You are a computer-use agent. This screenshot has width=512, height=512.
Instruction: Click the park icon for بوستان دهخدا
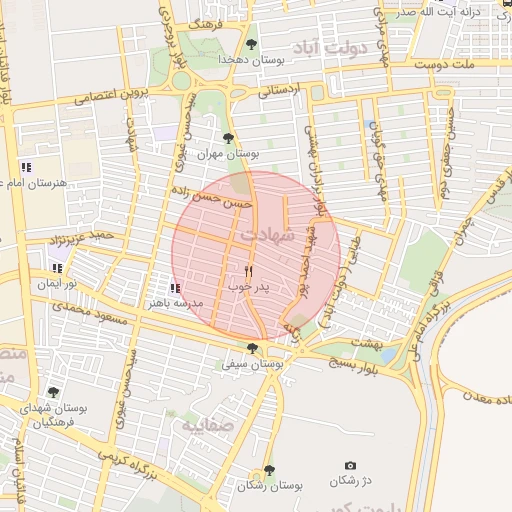(250, 43)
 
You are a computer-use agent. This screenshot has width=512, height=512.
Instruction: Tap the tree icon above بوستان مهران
(229, 138)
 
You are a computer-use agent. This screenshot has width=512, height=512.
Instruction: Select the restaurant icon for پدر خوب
(249, 271)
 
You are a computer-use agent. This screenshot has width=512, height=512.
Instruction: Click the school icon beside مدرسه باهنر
(175, 288)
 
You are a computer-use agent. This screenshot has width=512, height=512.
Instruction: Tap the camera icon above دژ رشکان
(350, 465)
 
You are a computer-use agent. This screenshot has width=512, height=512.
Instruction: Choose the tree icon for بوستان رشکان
(268, 469)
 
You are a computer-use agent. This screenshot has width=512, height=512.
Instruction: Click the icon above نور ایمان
(56, 268)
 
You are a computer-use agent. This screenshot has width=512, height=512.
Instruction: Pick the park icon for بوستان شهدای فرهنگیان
(52, 393)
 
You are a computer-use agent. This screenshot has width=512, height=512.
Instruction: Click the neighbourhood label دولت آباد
(331, 47)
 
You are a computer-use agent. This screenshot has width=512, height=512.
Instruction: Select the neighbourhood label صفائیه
(206, 426)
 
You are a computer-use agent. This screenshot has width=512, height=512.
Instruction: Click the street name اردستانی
(279, 90)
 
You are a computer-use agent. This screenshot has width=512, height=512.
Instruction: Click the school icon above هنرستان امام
(26, 167)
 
